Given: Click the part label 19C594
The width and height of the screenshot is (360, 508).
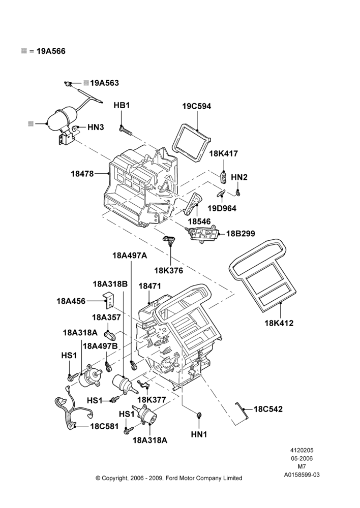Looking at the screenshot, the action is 197,106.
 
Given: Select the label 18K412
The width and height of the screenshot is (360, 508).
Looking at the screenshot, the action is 279,323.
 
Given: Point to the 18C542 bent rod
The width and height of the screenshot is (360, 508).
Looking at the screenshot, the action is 242,410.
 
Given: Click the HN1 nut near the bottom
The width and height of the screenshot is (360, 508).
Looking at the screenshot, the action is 199,415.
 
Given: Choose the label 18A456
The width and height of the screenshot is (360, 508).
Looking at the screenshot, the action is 71,301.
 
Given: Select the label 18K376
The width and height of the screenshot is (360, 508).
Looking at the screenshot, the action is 169,271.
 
